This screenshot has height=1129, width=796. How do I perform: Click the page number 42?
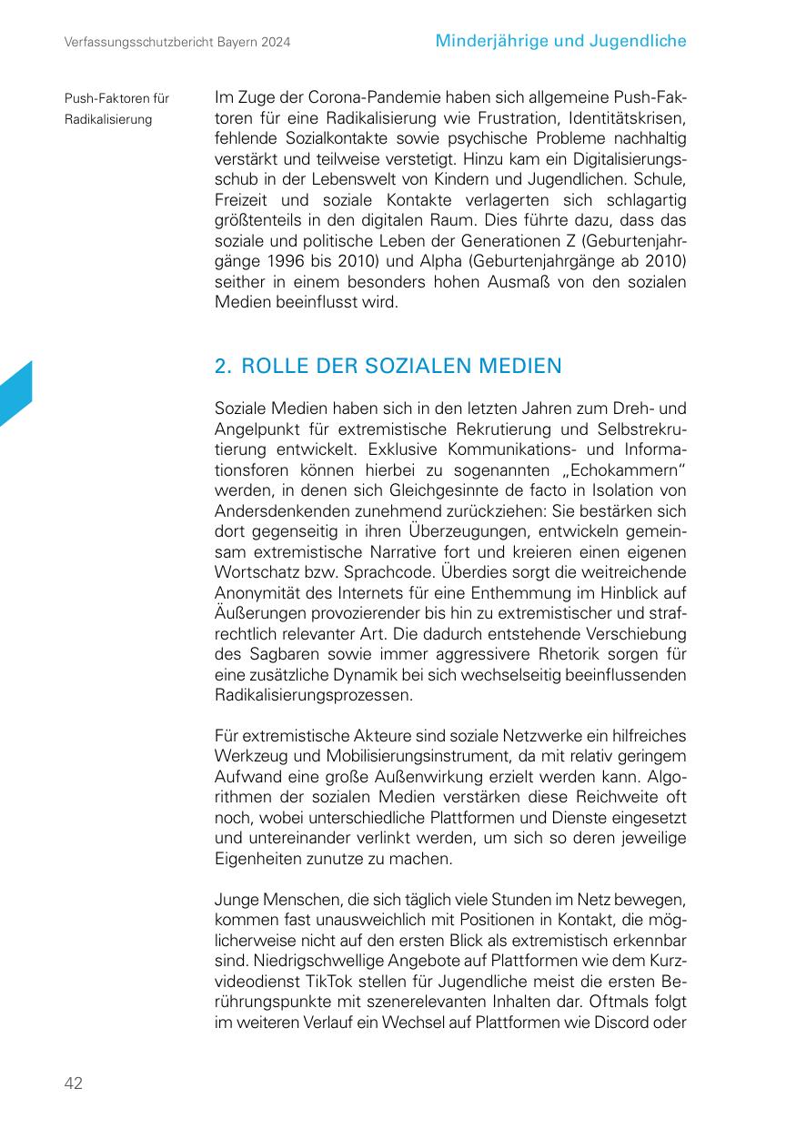tap(73, 1083)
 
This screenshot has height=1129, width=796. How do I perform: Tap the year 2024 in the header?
tap(275, 43)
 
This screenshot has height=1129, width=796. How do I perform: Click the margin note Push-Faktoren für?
tap(116, 98)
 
